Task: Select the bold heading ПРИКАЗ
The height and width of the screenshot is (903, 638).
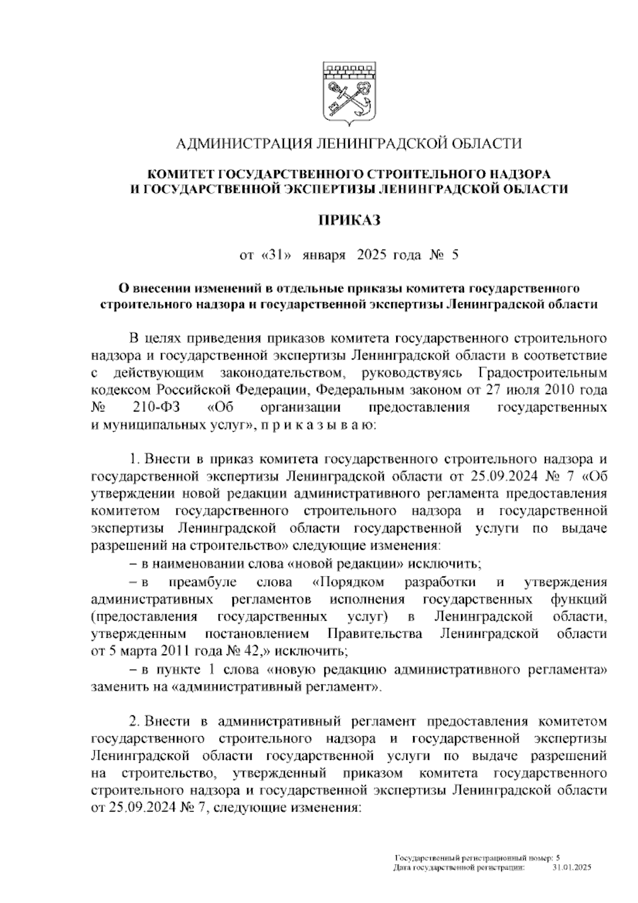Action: [x=349, y=220]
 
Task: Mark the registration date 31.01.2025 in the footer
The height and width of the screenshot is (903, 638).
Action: [x=572, y=867]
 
